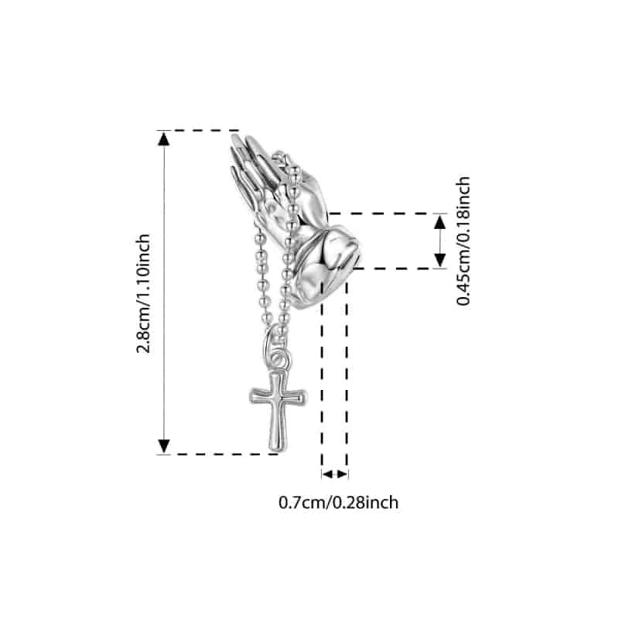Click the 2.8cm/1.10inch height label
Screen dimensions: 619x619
143,293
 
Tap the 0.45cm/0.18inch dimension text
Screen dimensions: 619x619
463,241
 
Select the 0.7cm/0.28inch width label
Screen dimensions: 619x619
339,502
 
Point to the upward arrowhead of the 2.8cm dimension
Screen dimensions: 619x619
164,139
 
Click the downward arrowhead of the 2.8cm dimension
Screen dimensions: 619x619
164,446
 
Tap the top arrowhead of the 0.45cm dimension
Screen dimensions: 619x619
439,222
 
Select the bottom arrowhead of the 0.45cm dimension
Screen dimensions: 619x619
439,261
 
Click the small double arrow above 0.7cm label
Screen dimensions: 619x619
335,474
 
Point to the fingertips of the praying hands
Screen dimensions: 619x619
241,143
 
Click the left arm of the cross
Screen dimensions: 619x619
259,396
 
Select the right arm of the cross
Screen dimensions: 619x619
296,397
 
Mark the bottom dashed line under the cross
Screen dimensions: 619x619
218,454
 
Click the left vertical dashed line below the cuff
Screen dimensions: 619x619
322,379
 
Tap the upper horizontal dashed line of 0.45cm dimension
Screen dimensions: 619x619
387,214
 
